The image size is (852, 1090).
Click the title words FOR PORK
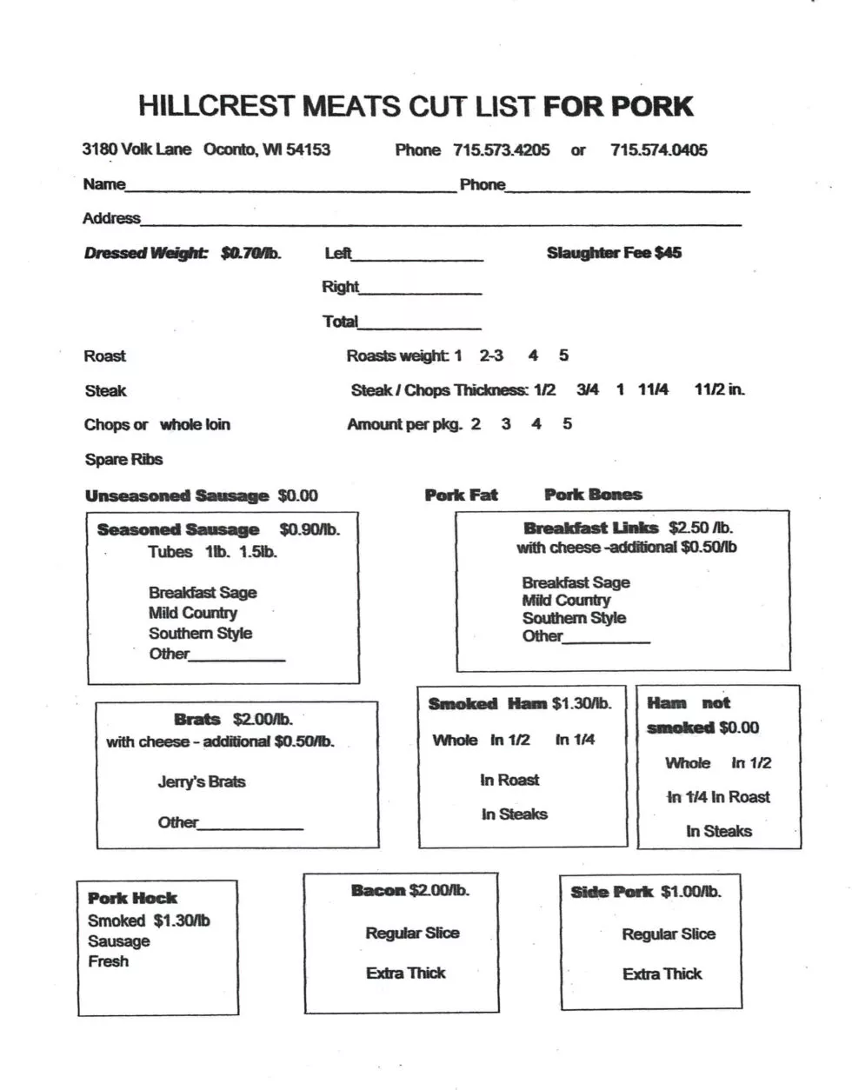click(x=618, y=107)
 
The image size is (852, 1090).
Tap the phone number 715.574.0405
click(x=658, y=150)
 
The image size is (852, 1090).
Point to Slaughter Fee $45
click(x=614, y=253)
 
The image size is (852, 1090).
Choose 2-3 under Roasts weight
click(x=490, y=356)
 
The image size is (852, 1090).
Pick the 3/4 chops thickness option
click(x=588, y=390)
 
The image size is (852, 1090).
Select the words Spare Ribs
click(x=123, y=460)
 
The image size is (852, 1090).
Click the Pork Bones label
click(x=593, y=495)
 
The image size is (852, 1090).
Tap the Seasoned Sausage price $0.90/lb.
click(x=310, y=529)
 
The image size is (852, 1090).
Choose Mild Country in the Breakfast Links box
click(x=566, y=601)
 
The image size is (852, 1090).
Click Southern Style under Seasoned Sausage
click(x=200, y=634)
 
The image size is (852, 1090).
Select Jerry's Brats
click(x=202, y=781)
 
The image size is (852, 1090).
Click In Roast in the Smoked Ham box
click(x=509, y=781)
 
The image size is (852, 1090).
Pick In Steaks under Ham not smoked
click(x=719, y=831)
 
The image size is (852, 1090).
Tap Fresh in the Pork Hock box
click(x=108, y=961)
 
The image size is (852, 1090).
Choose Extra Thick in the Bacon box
click(x=406, y=974)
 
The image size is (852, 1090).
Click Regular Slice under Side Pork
click(x=669, y=934)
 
